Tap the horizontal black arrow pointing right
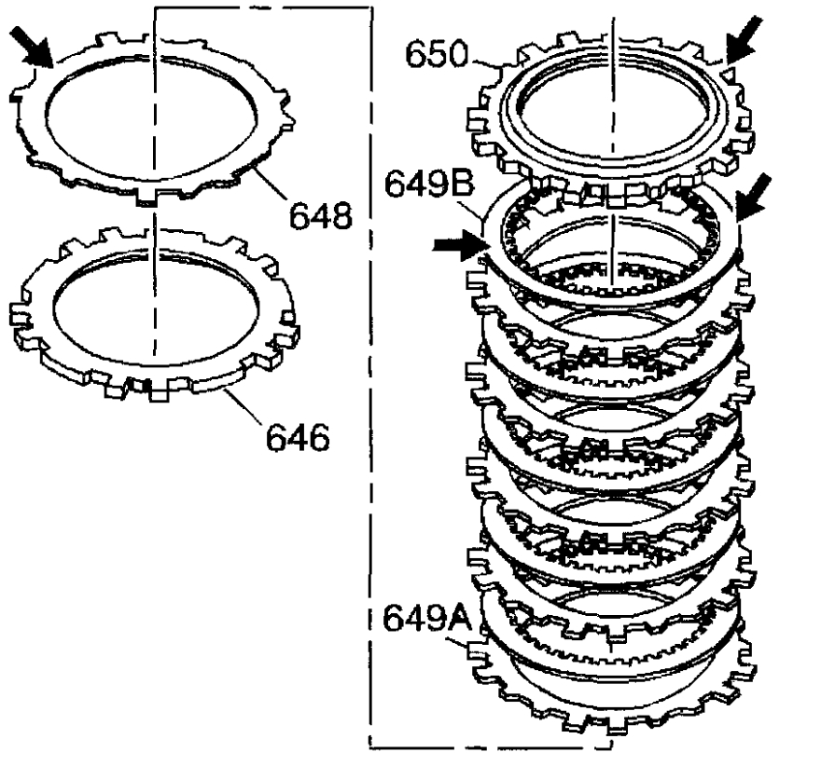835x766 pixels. click(x=460, y=246)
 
